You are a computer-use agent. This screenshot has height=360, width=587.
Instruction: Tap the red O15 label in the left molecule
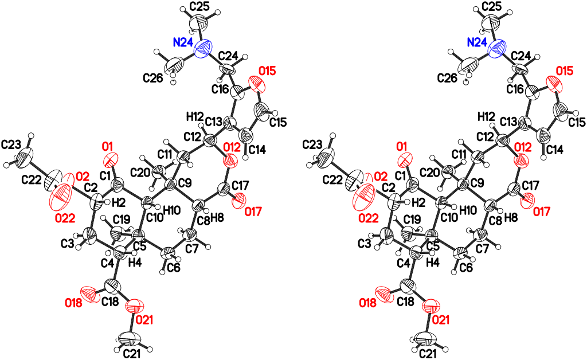pos(267,71)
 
